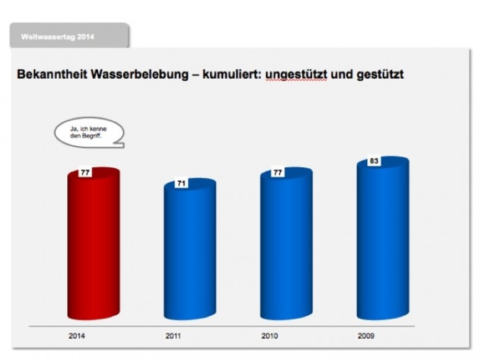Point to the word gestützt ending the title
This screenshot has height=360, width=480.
(377, 74)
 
